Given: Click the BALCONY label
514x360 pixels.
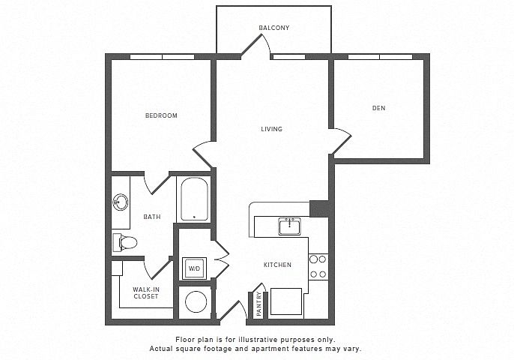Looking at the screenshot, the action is (274, 28).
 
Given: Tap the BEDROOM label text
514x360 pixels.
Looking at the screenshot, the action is (161, 115).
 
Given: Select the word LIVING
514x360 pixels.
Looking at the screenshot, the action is (271, 129).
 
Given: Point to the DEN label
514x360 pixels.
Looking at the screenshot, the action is (378, 108).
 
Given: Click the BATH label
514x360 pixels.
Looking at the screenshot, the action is (152, 217).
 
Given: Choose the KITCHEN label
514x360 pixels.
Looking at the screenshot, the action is (277, 265).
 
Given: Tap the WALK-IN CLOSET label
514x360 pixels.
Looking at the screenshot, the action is (146, 292).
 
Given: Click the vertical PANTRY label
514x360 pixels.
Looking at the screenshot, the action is (259, 304).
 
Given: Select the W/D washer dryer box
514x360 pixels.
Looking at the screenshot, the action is (194, 268).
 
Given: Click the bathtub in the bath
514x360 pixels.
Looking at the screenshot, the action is (194, 199).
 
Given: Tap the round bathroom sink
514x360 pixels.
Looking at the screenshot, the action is (121, 202).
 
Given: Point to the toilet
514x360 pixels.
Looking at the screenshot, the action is (124, 243).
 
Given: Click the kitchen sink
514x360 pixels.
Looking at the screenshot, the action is (290, 226).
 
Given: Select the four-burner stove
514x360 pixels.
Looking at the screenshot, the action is (318, 266).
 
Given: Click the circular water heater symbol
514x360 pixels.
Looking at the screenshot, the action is (196, 302).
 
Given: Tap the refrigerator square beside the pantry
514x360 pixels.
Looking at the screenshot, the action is (286, 301).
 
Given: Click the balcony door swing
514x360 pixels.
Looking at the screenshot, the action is (256, 45).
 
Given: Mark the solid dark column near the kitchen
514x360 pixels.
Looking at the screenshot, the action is (319, 208).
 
